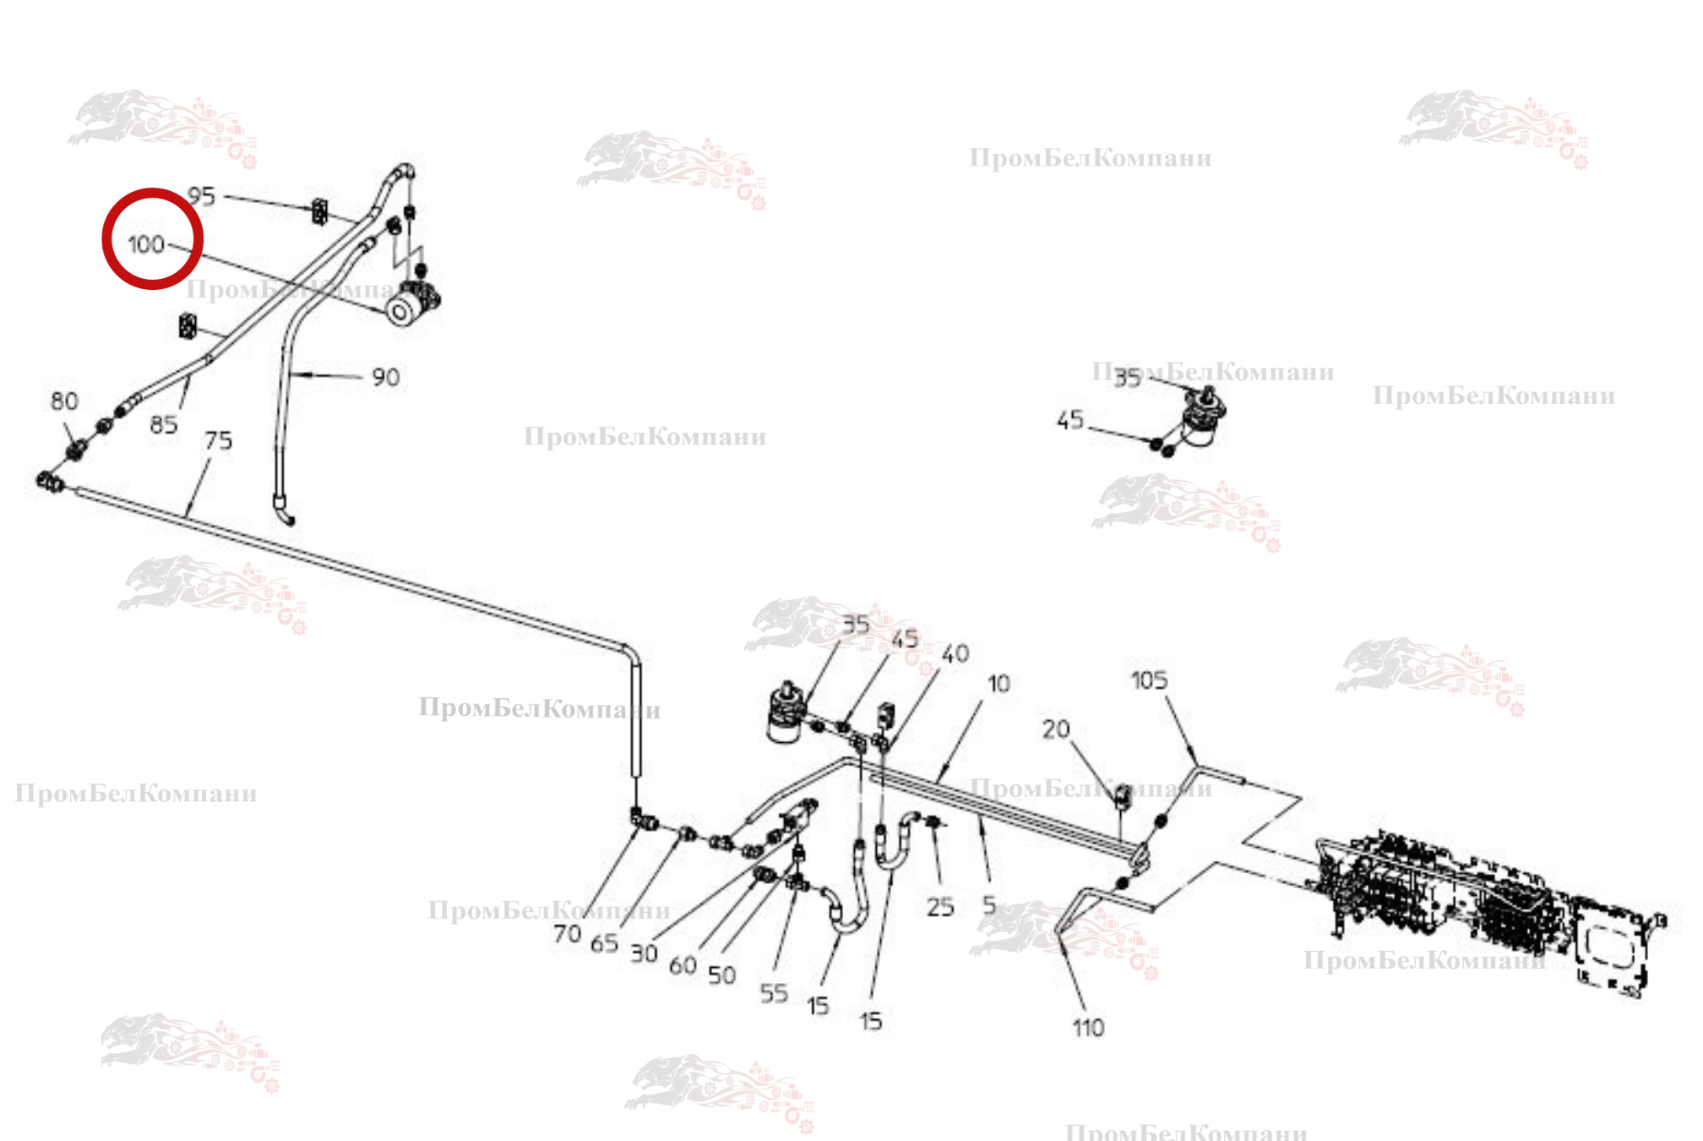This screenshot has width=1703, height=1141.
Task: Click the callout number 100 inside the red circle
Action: (145, 244)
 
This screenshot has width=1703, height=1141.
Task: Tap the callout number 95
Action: (201, 196)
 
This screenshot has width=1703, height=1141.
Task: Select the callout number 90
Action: (385, 377)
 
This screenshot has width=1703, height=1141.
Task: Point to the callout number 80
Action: (64, 401)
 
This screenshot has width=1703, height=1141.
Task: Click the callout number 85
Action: (163, 424)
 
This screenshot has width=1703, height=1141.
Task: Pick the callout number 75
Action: (218, 440)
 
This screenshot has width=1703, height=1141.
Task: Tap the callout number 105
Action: (1149, 680)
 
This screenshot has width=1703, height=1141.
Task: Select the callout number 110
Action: (1088, 1028)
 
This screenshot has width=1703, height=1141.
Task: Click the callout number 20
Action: (1055, 729)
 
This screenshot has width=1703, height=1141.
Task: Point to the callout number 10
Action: (998, 683)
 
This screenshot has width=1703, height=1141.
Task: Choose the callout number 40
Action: (955, 653)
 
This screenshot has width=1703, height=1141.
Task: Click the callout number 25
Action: (939, 907)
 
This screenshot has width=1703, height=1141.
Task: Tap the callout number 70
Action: (567, 934)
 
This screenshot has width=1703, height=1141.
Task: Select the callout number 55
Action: (773, 993)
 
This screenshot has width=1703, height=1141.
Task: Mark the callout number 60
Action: (683, 965)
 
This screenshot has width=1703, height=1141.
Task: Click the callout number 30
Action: (644, 953)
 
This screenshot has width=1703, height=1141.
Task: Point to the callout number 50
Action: (721, 975)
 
